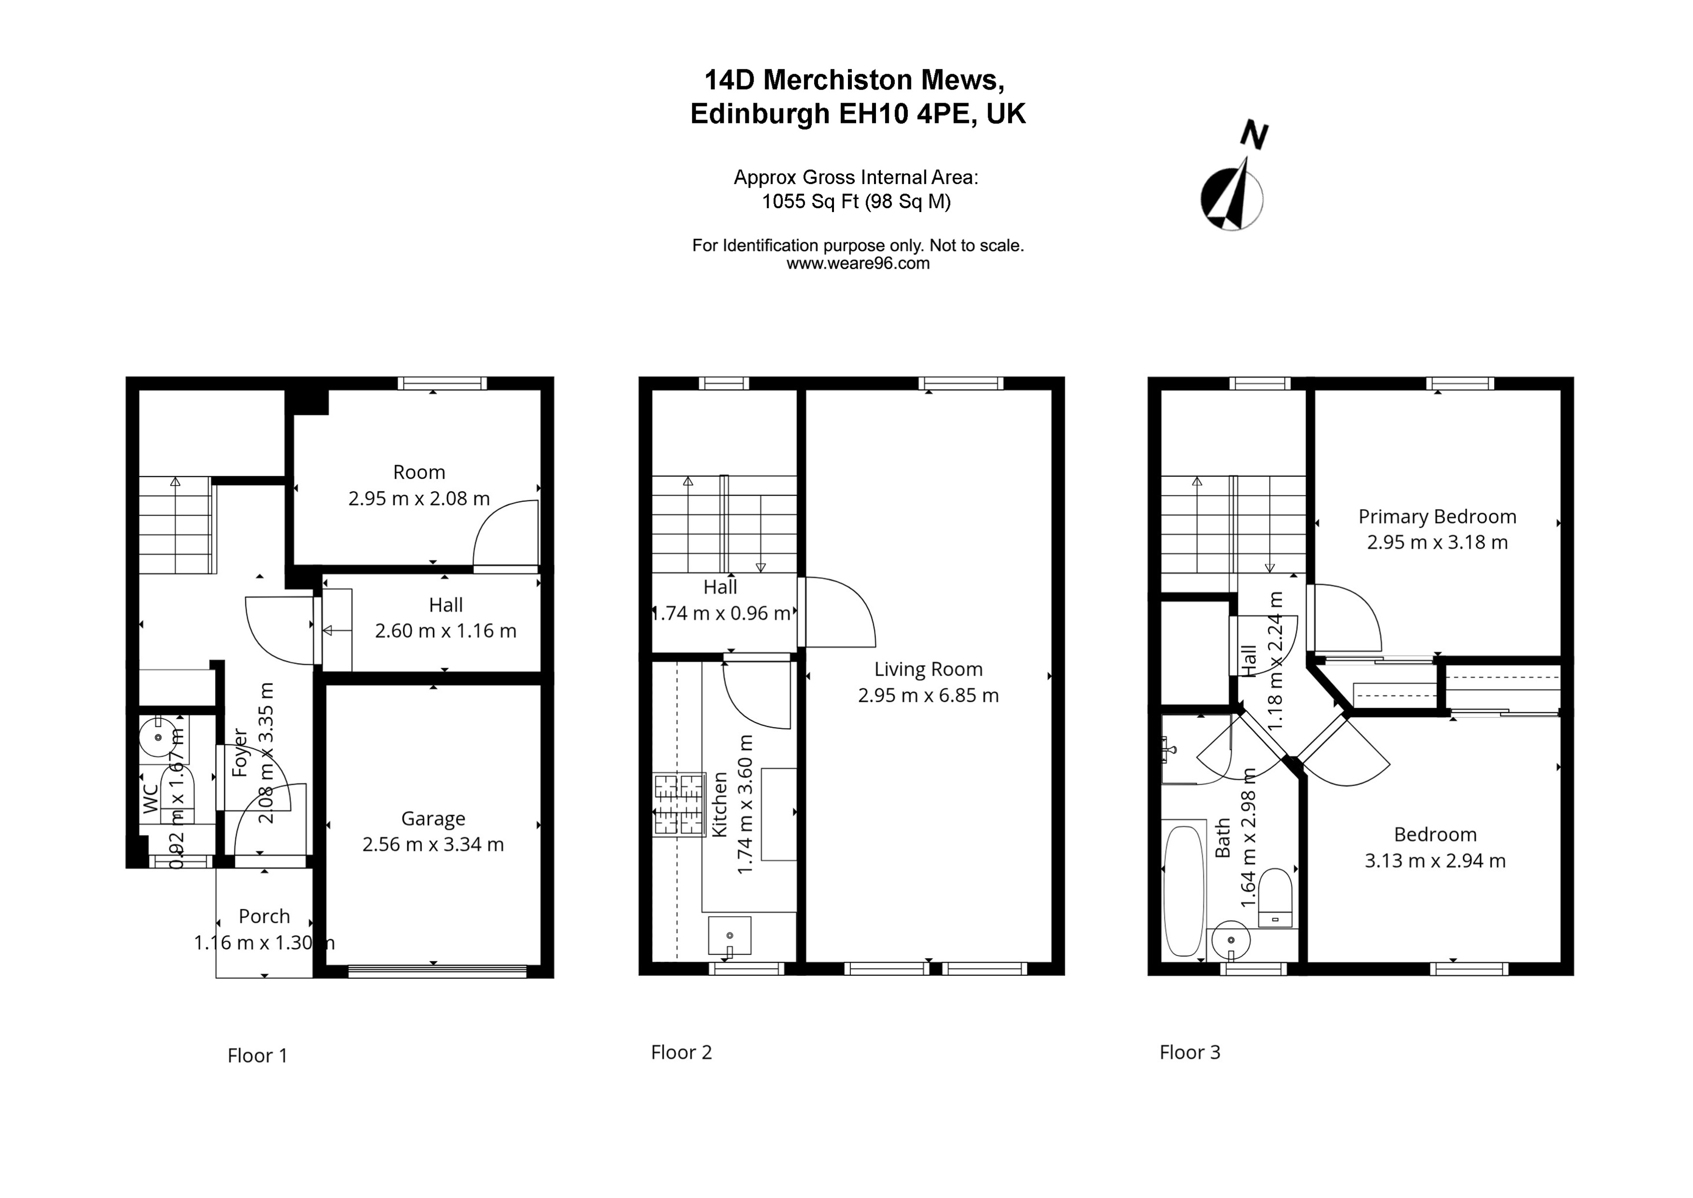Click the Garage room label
pyautogui.click(x=433, y=818)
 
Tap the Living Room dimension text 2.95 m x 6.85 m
pyautogui.click(x=928, y=695)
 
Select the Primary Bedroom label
pyautogui.click(x=1437, y=516)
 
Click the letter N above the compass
pyautogui.click(x=1253, y=136)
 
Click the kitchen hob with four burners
pyautogui.click(x=678, y=804)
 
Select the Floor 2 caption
pyautogui.click(x=681, y=1052)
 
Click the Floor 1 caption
pyautogui.click(x=256, y=1056)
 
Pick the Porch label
pyautogui.click(x=264, y=916)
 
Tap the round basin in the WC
pyautogui.click(x=158, y=736)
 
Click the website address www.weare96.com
pyautogui.click(x=858, y=263)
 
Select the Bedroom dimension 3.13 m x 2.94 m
pyautogui.click(x=1434, y=860)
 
